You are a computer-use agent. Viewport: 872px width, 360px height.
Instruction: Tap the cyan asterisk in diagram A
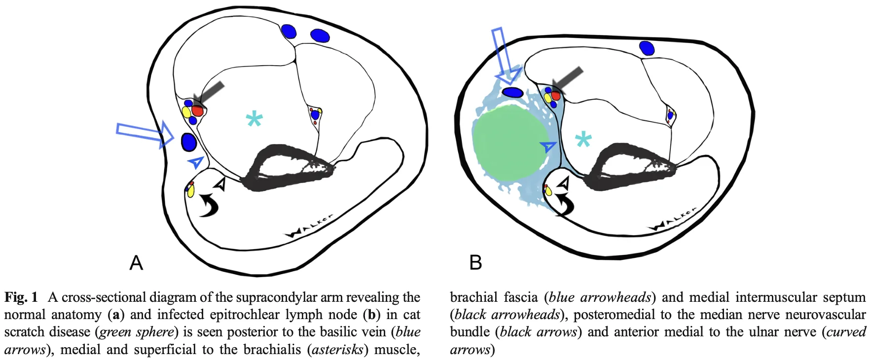254,119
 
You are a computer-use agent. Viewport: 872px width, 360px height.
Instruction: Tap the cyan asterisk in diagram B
583,140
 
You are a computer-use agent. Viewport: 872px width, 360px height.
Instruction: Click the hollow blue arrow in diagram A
144,134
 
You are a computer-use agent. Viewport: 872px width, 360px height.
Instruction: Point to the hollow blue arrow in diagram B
506,55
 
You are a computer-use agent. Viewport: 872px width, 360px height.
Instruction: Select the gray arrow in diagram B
567,79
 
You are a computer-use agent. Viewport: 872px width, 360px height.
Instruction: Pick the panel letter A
136,263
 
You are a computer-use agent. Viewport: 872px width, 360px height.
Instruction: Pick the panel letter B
475,262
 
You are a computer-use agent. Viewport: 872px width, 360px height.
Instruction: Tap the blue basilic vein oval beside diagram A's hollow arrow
189,142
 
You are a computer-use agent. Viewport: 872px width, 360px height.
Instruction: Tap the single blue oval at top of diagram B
647,48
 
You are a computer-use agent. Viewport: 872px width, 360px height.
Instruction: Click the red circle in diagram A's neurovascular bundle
198,110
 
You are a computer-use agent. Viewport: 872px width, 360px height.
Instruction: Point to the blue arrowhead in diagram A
196,162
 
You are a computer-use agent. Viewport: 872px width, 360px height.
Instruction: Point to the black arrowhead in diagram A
220,184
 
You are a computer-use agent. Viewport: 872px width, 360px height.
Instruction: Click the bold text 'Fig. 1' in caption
21,297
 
